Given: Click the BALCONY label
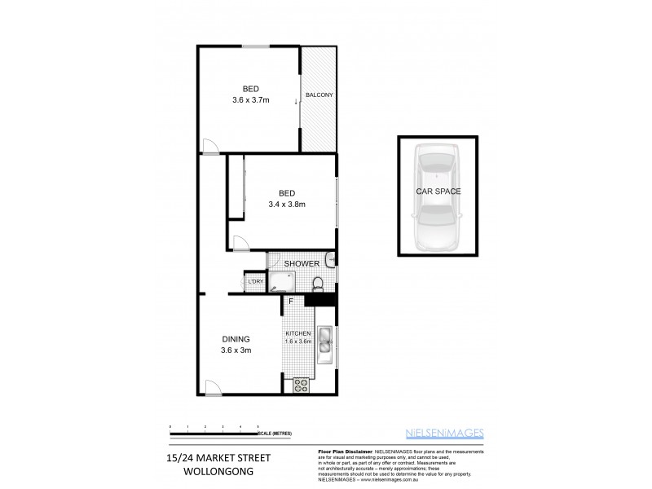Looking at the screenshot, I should tap(319, 95).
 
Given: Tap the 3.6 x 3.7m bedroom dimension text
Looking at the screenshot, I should tap(251, 100).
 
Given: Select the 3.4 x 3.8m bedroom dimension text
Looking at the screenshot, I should tap(285, 205).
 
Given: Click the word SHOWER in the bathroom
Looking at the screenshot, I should tap(301, 263).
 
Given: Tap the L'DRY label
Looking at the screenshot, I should tap(255, 282).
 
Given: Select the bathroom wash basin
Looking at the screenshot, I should tap(328, 261).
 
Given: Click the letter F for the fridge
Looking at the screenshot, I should tap(289, 302).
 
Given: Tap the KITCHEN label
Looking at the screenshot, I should tap(298, 334).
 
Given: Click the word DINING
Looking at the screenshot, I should tap(236, 339).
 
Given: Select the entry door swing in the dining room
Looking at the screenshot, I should tap(211, 387).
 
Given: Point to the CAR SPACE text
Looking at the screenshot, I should tap(438, 192).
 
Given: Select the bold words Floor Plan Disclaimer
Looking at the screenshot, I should tap(342, 451).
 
